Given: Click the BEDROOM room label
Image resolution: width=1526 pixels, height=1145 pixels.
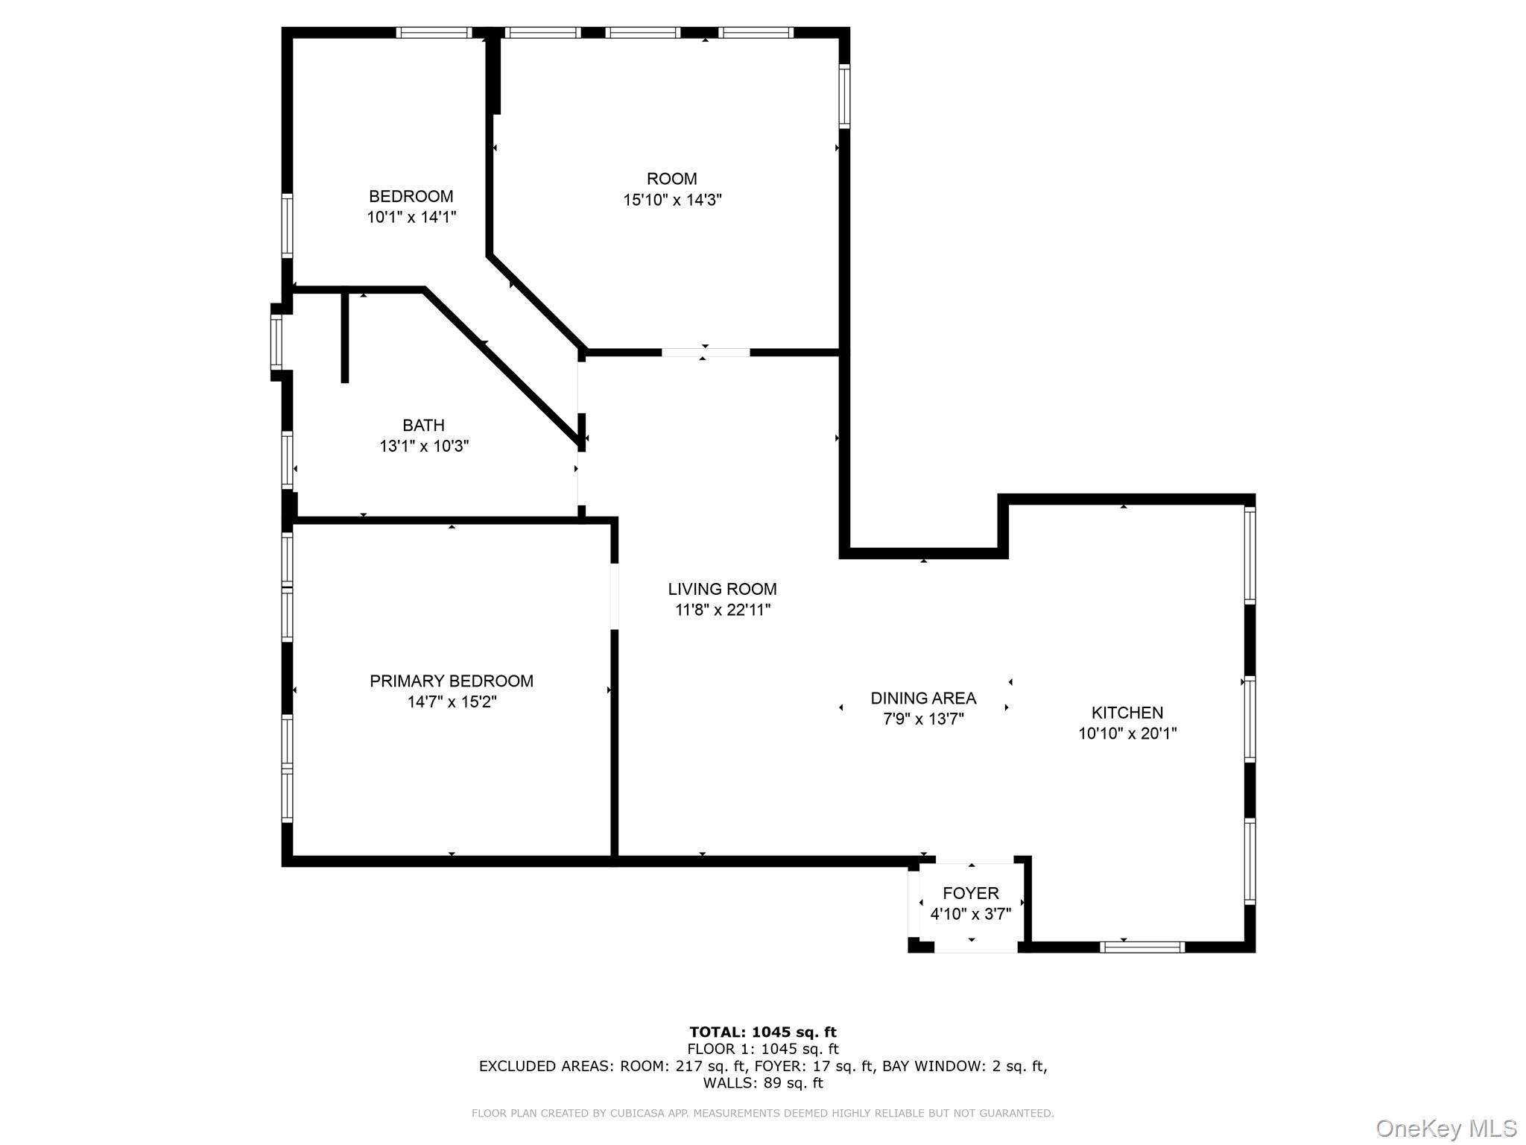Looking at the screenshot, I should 411,196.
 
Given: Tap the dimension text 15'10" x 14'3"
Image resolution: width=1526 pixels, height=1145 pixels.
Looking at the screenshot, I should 672,200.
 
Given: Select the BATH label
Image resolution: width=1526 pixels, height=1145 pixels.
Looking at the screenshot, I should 423,425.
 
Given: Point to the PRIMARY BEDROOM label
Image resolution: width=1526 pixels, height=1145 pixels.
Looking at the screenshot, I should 452,681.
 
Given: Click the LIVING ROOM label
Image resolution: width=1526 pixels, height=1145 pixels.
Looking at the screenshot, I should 722,589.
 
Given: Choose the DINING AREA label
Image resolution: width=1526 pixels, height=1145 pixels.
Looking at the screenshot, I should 923,698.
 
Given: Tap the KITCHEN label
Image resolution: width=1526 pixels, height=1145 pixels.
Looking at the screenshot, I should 1127,712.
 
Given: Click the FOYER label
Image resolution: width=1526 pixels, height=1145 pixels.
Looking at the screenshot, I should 970,893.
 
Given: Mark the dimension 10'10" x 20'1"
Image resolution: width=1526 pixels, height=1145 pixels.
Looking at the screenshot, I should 1127,733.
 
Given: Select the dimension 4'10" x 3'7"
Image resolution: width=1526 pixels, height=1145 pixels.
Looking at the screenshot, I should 970,913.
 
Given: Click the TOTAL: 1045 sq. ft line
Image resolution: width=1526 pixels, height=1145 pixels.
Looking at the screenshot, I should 762,1032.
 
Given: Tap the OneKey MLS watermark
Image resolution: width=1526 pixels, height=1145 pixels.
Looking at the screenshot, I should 1446,1128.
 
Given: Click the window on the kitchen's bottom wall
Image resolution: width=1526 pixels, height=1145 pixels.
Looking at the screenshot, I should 1142,947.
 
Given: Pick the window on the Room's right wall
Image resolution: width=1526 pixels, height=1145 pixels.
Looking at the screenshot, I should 844,96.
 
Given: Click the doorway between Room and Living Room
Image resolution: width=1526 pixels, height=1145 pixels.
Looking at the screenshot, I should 705,352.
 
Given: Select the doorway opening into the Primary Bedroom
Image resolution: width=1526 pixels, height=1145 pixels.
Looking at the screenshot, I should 615,596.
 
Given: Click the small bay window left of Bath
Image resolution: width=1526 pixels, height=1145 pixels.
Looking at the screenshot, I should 276,342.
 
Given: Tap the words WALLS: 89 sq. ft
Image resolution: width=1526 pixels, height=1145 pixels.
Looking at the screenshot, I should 762,1083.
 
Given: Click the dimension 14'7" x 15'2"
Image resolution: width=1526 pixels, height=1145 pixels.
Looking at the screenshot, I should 452,701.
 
